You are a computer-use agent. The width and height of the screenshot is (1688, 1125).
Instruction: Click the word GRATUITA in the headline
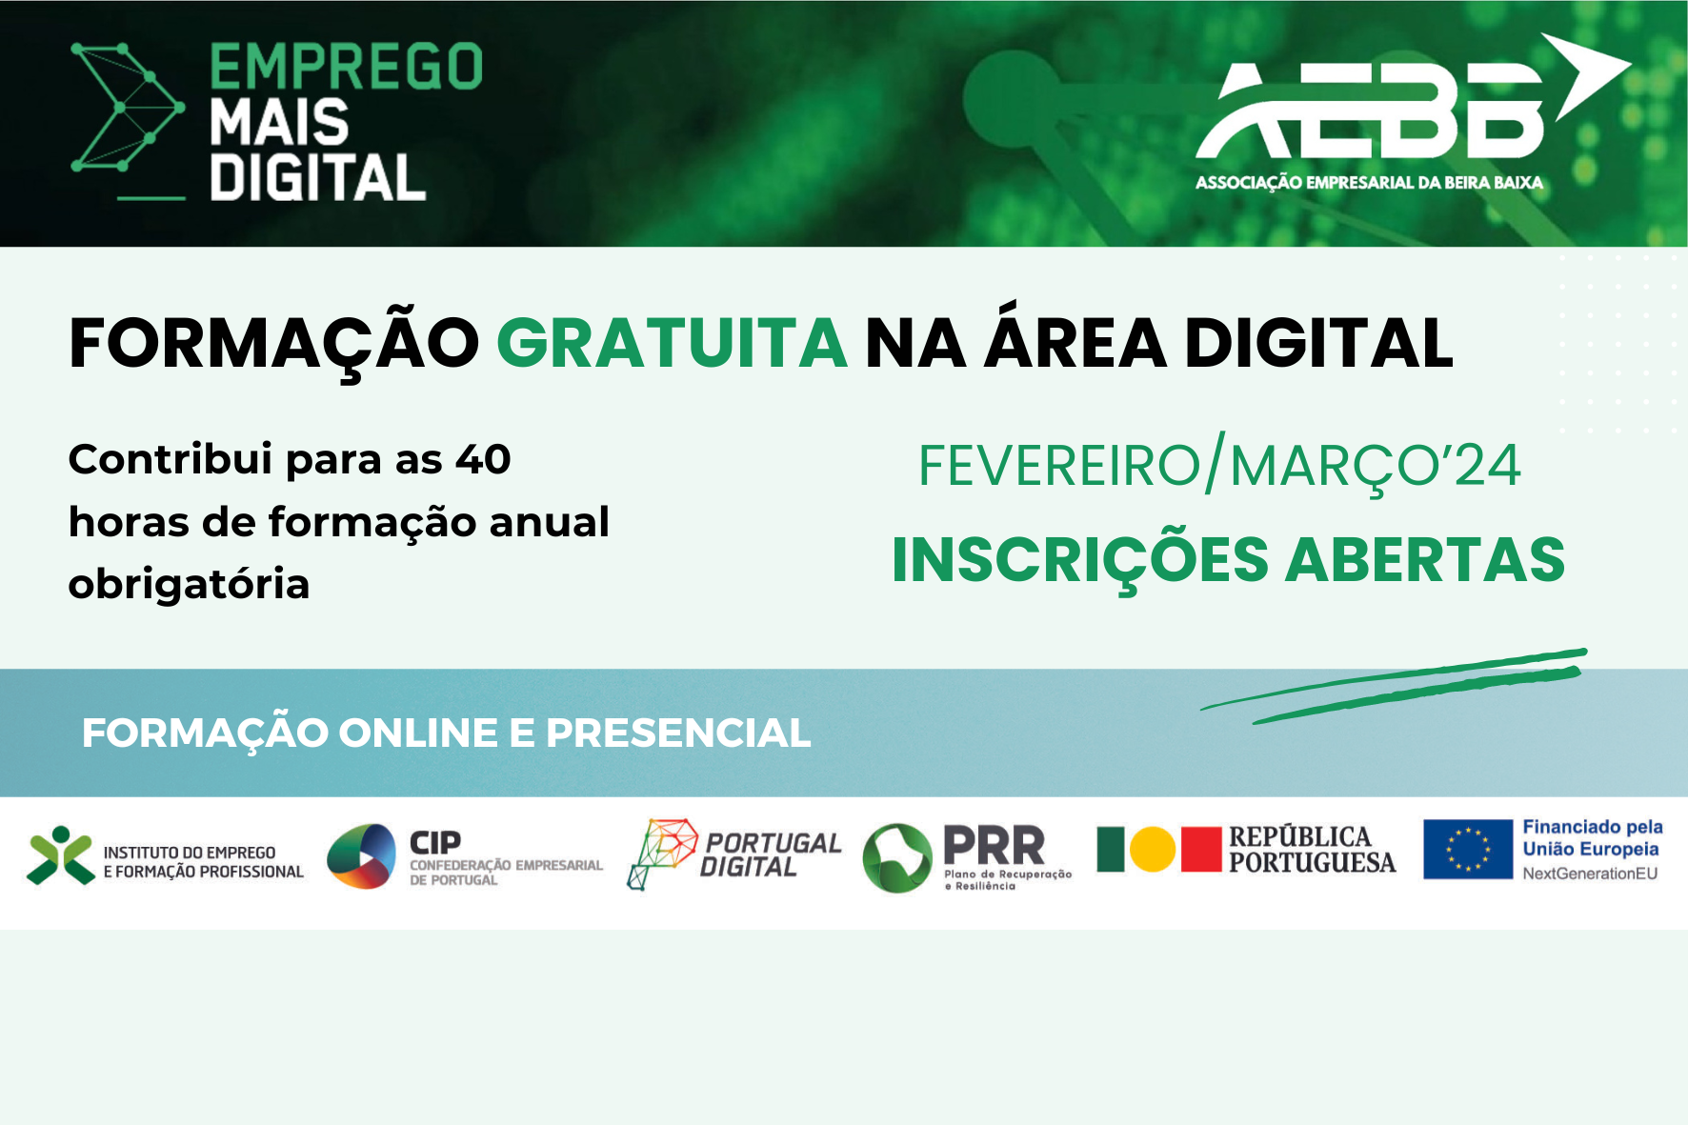pyautogui.click(x=672, y=344)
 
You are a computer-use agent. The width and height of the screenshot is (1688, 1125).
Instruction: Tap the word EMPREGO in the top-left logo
pyautogui.click(x=346, y=68)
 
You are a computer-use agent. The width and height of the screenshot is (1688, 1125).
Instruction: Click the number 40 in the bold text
pyautogui.click(x=483, y=460)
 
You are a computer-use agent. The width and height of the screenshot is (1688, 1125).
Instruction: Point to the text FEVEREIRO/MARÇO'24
pyautogui.click(x=1218, y=466)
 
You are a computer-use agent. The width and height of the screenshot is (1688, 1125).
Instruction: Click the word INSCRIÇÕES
pyautogui.click(x=1079, y=560)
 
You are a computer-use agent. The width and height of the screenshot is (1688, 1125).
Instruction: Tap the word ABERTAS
pyautogui.click(x=1425, y=560)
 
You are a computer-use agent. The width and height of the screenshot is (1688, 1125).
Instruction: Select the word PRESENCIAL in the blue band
pyautogui.click(x=678, y=733)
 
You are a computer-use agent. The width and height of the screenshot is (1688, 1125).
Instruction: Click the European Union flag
pyautogui.click(x=1467, y=849)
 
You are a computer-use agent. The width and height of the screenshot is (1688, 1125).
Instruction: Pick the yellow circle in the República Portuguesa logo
pyautogui.click(x=1153, y=850)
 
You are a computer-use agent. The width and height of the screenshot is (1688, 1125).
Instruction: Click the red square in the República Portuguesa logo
pyautogui.click(x=1200, y=850)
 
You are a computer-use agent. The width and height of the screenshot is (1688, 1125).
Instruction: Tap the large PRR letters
pyautogui.click(x=994, y=845)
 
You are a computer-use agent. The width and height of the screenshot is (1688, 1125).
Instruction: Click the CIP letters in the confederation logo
pyautogui.click(x=435, y=843)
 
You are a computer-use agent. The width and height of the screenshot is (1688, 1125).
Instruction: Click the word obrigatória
pyautogui.click(x=189, y=585)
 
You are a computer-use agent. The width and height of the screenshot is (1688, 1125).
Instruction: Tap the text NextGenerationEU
pyautogui.click(x=1589, y=874)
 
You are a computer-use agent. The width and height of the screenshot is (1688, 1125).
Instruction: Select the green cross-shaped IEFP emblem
pyautogui.click(x=60, y=854)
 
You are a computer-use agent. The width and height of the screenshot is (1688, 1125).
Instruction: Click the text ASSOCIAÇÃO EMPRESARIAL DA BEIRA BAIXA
pyautogui.click(x=1369, y=183)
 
